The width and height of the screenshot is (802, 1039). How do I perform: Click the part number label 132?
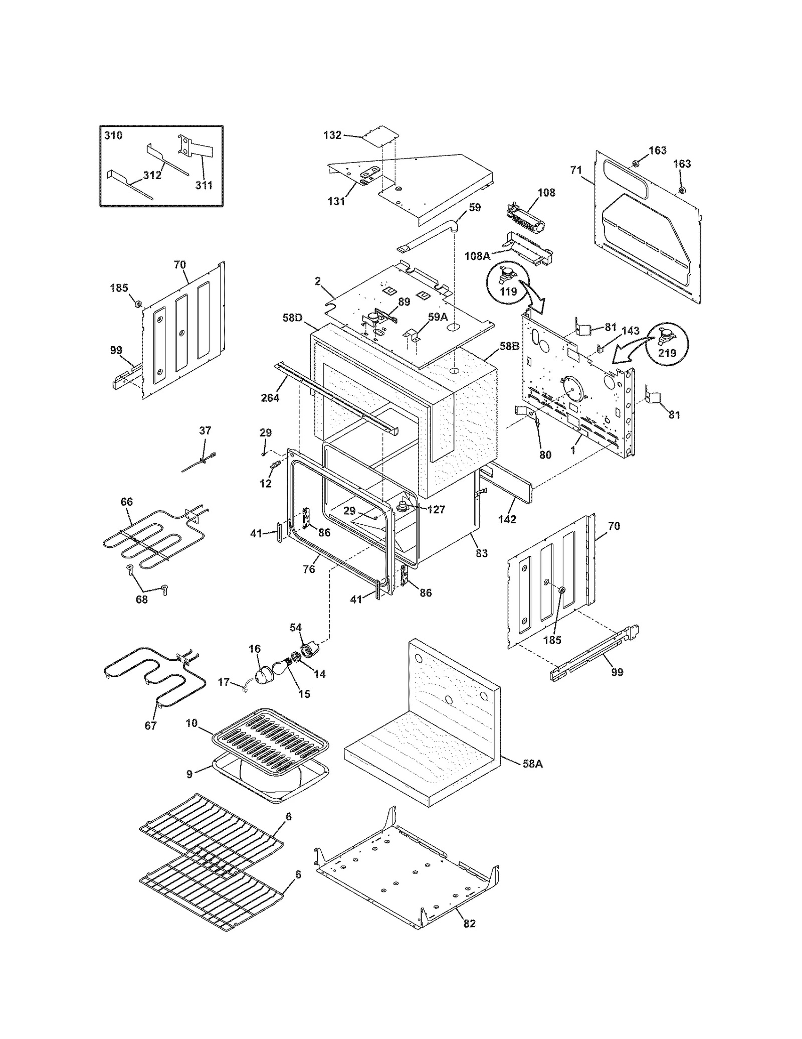332,135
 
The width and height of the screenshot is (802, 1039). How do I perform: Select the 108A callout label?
477,256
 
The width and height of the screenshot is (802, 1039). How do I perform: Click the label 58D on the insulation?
292,318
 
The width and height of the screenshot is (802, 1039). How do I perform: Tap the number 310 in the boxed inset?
113,136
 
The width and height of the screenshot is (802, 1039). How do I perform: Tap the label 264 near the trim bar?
270,398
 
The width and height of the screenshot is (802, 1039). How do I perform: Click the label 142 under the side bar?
507,519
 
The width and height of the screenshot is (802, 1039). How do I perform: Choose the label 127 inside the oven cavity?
436,509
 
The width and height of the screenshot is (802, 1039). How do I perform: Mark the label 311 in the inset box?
204,185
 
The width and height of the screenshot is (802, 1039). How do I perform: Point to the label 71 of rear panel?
575,170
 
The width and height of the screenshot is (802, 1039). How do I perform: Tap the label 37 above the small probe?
205,430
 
